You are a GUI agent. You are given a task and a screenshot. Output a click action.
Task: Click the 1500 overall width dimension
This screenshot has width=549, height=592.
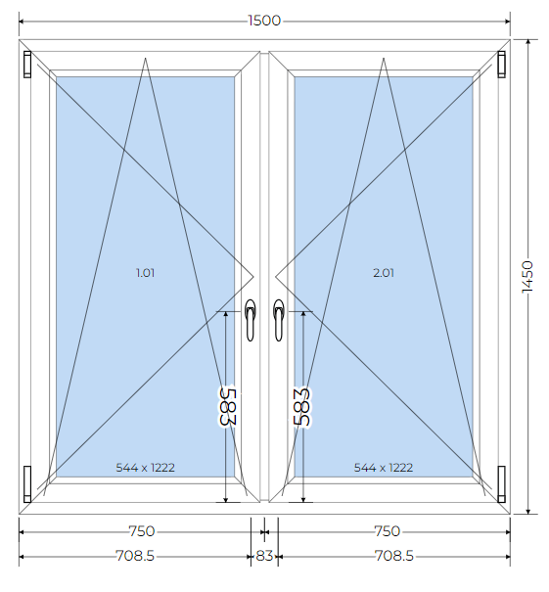coord(264,21)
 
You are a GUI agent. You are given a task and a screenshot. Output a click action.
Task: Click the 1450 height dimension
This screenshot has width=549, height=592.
coord(527,276)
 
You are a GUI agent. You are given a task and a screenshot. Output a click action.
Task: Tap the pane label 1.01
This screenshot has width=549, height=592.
coord(146,273)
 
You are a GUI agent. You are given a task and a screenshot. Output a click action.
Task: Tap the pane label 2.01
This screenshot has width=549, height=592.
coord(384,273)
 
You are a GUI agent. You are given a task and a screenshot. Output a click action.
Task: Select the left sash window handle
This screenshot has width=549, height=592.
coord(250,320)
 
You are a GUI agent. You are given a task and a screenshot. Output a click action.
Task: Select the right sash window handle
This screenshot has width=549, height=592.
coord(279,320)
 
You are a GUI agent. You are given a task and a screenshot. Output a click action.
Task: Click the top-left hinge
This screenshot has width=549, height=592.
coord(27,65)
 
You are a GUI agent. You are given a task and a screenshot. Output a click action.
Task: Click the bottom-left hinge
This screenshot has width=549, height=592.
coord(27,484)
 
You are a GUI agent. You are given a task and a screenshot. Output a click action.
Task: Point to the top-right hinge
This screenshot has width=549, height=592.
coord(501,65)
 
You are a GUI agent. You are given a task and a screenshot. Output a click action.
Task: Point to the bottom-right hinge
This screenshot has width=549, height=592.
coord(501,484)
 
